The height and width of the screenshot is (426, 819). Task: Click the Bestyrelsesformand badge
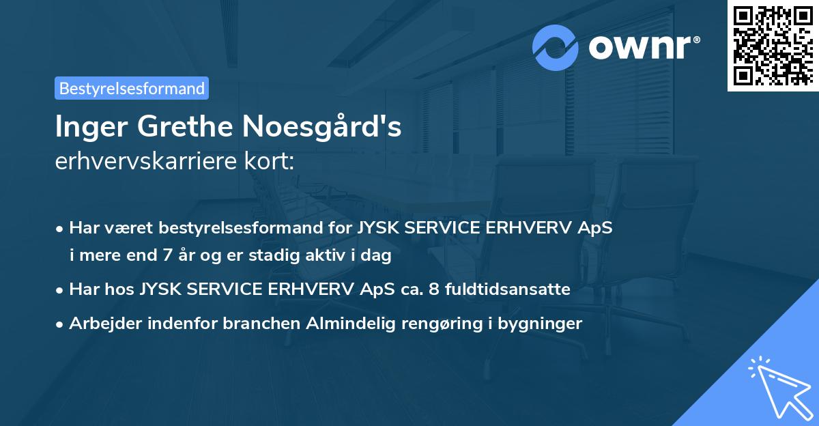[x=132, y=88]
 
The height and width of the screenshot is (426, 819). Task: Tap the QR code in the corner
[x=772, y=45]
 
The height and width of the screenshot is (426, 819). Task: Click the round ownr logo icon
[x=556, y=47]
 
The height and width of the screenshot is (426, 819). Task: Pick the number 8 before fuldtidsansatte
[x=434, y=289]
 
